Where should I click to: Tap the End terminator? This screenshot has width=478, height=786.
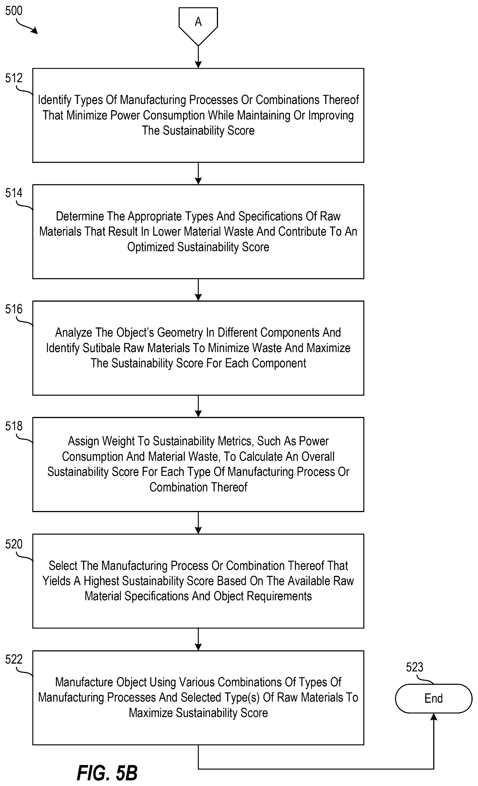[x=433, y=698]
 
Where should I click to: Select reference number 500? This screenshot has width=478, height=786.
[x=14, y=11]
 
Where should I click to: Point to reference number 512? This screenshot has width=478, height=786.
[x=14, y=78]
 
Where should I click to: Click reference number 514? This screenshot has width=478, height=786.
[x=14, y=193]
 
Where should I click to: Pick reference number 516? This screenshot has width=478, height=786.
[x=14, y=309]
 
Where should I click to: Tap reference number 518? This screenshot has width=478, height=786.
[x=14, y=426]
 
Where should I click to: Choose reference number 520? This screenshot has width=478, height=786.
[x=14, y=544]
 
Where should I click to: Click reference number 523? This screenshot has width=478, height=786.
[x=414, y=667]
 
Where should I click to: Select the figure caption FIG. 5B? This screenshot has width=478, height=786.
[x=107, y=773]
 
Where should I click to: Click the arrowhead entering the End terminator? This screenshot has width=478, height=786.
[x=433, y=717]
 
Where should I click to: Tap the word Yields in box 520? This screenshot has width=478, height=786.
[x=56, y=581]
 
